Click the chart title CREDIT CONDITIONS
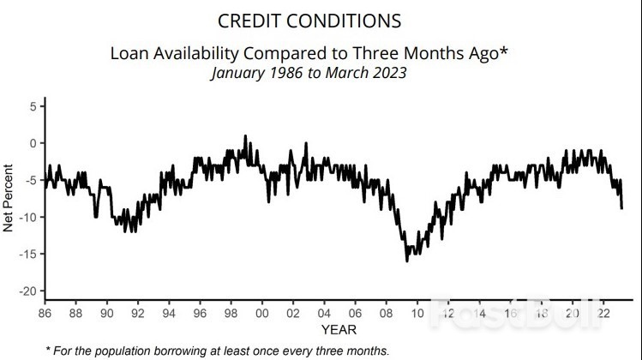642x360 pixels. click(x=309, y=21)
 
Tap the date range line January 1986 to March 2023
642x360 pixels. click(x=309, y=73)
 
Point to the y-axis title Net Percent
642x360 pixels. click(x=9, y=198)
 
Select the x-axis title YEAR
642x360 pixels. click(x=339, y=329)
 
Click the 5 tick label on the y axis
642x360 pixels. click(x=32, y=106)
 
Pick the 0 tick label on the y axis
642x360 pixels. click(x=32, y=143)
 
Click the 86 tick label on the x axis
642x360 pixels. click(x=45, y=314)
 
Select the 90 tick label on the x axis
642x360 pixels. click(x=106, y=314)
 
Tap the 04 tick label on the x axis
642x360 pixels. click(x=323, y=314)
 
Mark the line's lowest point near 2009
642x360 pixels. click(x=407, y=261)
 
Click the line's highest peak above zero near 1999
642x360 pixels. click(x=246, y=135)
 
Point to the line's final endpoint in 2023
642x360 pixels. click(x=621, y=208)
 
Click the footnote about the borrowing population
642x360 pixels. click(x=218, y=351)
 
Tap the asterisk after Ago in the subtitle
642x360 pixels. click(x=505, y=50)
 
